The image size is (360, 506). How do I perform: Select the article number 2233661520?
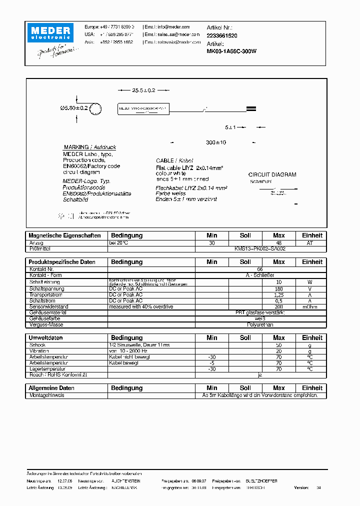tap(222, 36)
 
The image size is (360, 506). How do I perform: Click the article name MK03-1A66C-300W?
tap(231, 50)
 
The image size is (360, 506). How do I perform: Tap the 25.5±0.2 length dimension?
tap(143, 90)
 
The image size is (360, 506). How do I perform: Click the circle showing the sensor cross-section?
tap(96, 108)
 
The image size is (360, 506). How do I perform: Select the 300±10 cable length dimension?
tap(216, 142)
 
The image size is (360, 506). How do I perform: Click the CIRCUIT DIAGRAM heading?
tap(272, 174)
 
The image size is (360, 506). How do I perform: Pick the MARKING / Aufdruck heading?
tap(90, 147)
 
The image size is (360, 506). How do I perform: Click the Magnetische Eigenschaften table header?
tap(65, 235)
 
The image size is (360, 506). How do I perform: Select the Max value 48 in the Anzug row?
tap(278, 243)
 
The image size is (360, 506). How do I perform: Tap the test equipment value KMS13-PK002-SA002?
tap(260, 248)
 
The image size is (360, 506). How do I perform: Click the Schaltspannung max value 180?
tap(278, 289)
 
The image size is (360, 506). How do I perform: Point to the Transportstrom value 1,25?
tap(278, 295)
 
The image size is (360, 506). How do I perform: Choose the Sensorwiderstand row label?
tap(48, 306)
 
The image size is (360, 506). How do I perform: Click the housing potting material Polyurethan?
tap(260, 324)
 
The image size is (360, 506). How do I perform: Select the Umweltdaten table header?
tap(46, 338)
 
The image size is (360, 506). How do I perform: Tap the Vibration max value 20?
tap(278, 351)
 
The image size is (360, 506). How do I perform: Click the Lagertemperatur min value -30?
tap(211, 369)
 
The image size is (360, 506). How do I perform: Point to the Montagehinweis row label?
tap(46, 395)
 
